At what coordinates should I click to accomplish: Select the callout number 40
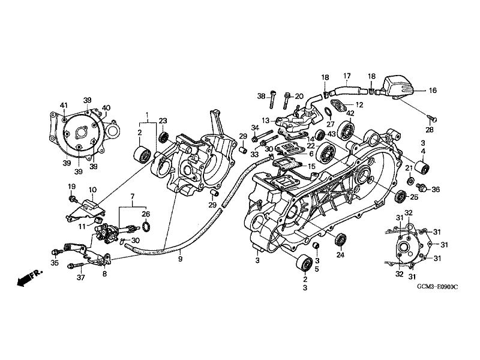[x=106, y=108]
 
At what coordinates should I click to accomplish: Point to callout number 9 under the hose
[x=179, y=259]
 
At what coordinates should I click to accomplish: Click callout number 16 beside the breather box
[x=433, y=91]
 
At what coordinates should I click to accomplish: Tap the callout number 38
[x=261, y=96]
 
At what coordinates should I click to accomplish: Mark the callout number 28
[x=429, y=130]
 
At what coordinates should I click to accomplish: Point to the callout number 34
[x=254, y=128]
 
